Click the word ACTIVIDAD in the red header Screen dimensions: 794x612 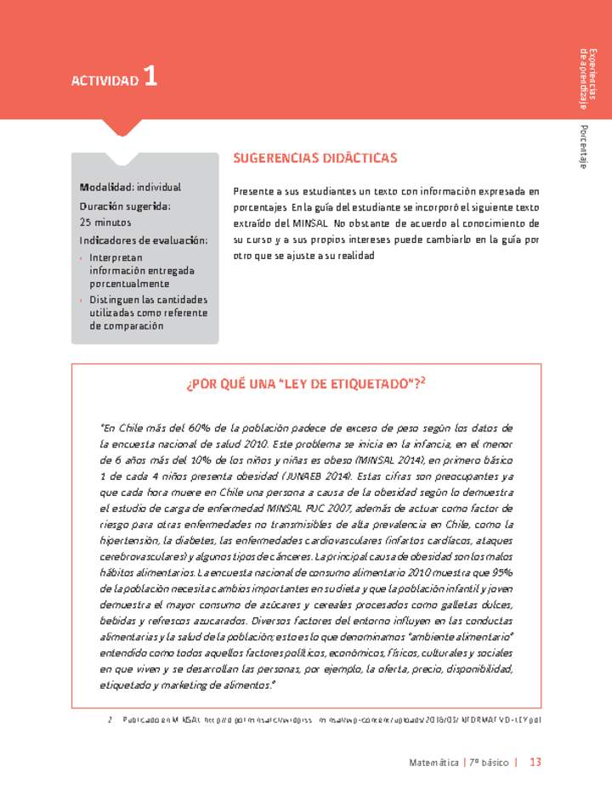pyautogui.click(x=105, y=81)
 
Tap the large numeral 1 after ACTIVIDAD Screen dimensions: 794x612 pyautogui.click(x=150, y=77)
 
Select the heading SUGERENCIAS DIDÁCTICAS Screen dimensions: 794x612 pyautogui.click(x=314, y=158)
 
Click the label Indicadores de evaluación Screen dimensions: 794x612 pyautogui.click(x=144, y=240)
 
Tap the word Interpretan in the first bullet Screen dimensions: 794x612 pyautogui.click(x=116, y=257)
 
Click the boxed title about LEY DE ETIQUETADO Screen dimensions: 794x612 pyautogui.click(x=305, y=384)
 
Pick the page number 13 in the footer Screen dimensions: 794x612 pyautogui.click(x=535, y=762)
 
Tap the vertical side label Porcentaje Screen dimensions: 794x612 pyautogui.click(x=583, y=145)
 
